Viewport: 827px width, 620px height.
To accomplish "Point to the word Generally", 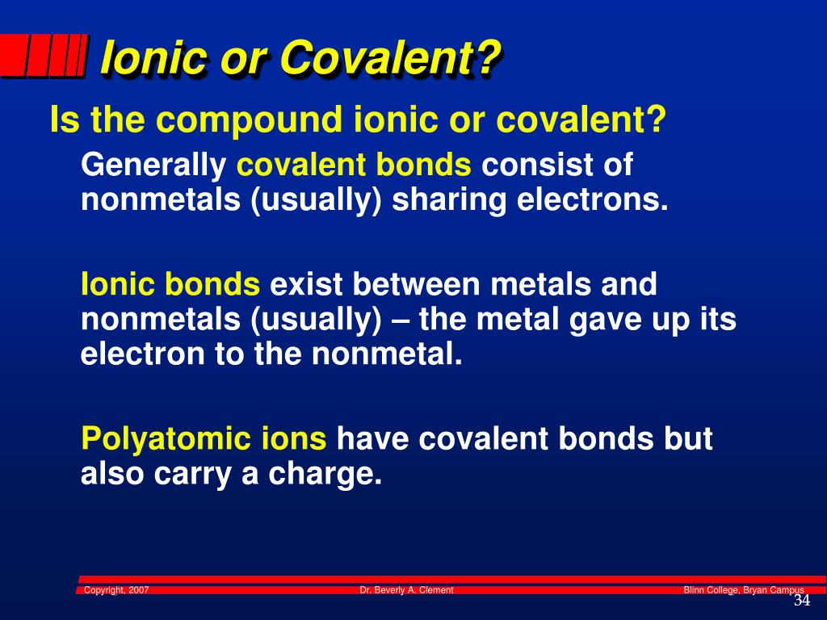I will [x=153, y=166].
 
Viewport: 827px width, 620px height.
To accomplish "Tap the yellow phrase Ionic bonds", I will [x=170, y=284].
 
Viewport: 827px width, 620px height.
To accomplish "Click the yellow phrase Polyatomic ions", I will [x=204, y=439].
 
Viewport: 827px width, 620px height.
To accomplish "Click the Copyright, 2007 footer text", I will [x=116, y=590].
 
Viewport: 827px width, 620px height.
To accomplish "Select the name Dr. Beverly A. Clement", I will [x=406, y=590].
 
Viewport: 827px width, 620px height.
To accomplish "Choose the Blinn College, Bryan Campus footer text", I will [x=743, y=590].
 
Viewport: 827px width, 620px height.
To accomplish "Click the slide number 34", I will [x=801, y=601].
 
